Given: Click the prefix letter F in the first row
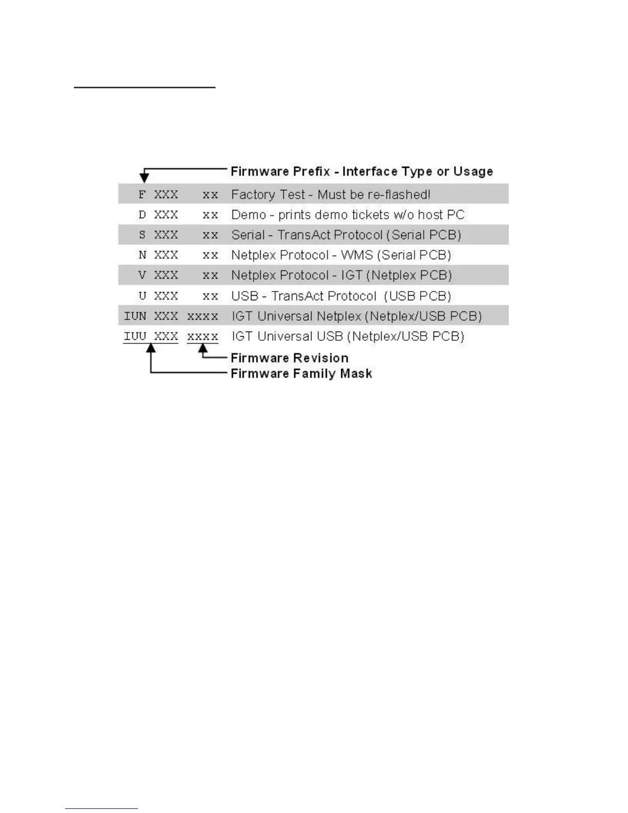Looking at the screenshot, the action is point(143,195).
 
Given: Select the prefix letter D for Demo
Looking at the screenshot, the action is point(143,215).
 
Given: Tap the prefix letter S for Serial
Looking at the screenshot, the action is point(143,235).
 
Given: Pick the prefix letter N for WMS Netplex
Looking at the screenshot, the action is point(143,255).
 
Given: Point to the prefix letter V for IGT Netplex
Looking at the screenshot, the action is point(143,275).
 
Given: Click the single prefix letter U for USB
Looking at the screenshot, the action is point(143,296).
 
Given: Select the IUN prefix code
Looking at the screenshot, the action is point(135,316).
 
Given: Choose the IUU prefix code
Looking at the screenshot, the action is point(135,336).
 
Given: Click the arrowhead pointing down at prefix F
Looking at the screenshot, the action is point(144,178).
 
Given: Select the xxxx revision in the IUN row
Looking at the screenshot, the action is point(203,316).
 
